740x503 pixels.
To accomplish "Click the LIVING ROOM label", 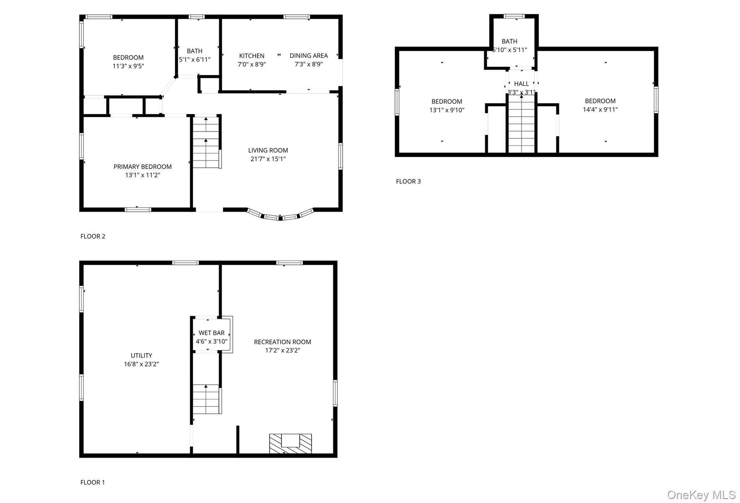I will (x=268, y=150).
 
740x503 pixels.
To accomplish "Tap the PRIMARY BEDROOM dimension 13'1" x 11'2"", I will (x=142, y=175).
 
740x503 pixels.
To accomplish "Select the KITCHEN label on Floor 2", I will (x=251, y=56).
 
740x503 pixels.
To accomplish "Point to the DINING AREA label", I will (x=309, y=55).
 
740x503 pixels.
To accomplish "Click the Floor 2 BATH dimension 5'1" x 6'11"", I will (x=194, y=60).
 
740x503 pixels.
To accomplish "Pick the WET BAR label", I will (x=211, y=333).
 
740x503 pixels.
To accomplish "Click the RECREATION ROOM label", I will (x=282, y=342).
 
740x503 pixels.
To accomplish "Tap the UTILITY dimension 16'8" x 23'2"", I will (x=141, y=364).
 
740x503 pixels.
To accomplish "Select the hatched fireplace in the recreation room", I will (x=290, y=444).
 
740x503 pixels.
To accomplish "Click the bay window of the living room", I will (x=280, y=216).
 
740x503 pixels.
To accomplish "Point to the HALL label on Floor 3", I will (x=521, y=84).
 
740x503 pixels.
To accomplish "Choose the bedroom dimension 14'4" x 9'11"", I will (x=600, y=110).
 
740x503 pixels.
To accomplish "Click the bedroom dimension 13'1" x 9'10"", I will (x=447, y=110).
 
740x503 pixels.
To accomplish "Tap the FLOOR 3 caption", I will (x=408, y=181).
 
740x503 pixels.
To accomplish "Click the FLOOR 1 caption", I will (x=92, y=482).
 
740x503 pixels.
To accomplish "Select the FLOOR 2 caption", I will (x=92, y=236).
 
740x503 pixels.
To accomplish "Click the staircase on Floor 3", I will (x=521, y=125).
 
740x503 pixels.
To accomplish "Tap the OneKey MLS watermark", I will (x=701, y=495).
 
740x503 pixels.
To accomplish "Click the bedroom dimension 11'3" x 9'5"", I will (x=128, y=66).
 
